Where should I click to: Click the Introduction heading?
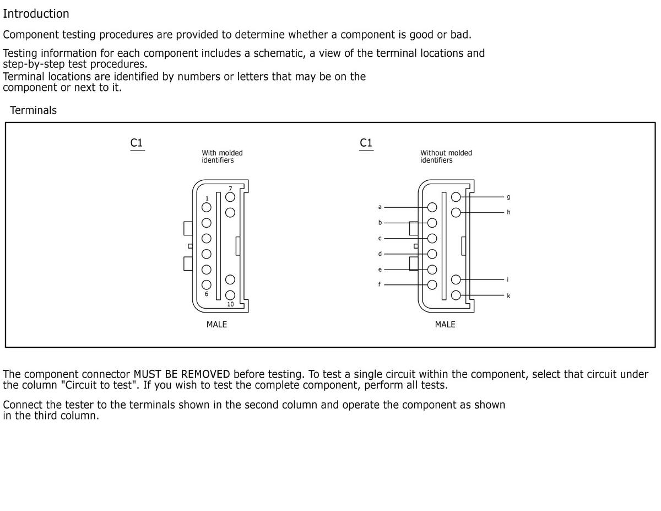[x=36, y=14]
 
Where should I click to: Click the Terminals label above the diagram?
[x=33, y=110]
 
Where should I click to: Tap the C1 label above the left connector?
[x=137, y=143]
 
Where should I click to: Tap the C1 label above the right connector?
[x=366, y=143]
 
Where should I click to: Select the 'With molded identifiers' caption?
[x=222, y=157]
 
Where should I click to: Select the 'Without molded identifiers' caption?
[x=446, y=157]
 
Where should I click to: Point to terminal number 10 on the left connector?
[x=230, y=304]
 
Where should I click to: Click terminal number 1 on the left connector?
[x=207, y=198]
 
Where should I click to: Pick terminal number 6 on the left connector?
[x=207, y=294]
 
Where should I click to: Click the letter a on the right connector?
[x=380, y=207]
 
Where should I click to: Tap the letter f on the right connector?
[x=380, y=284]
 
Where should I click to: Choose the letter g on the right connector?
[x=508, y=196]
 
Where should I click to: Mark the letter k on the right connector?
[x=508, y=296]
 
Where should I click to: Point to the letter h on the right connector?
[x=508, y=212]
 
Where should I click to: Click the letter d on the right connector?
[x=380, y=254]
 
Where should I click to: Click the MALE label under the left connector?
[x=216, y=325]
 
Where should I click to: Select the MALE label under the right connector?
[x=445, y=325]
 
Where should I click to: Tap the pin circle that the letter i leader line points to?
[x=456, y=280]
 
